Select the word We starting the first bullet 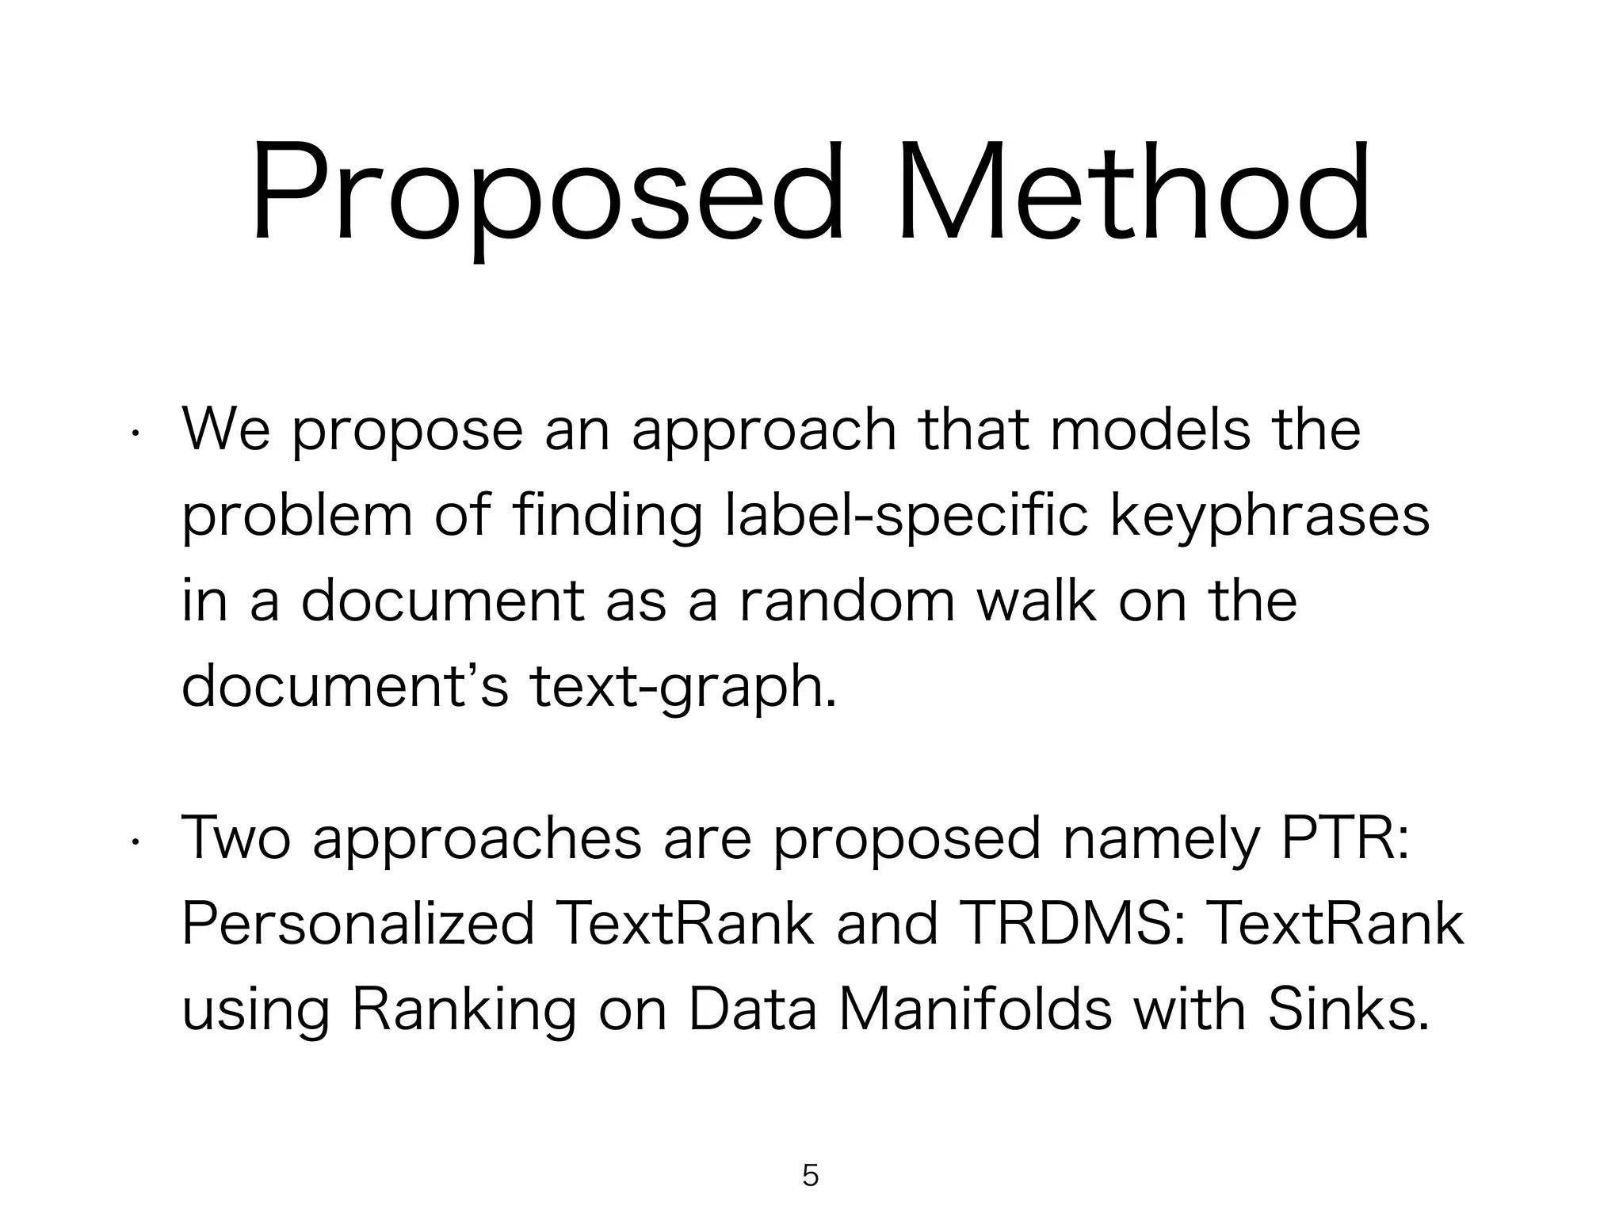(x=226, y=430)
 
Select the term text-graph (x=682, y=687)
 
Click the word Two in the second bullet (x=236, y=839)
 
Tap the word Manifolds (x=976, y=1010)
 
